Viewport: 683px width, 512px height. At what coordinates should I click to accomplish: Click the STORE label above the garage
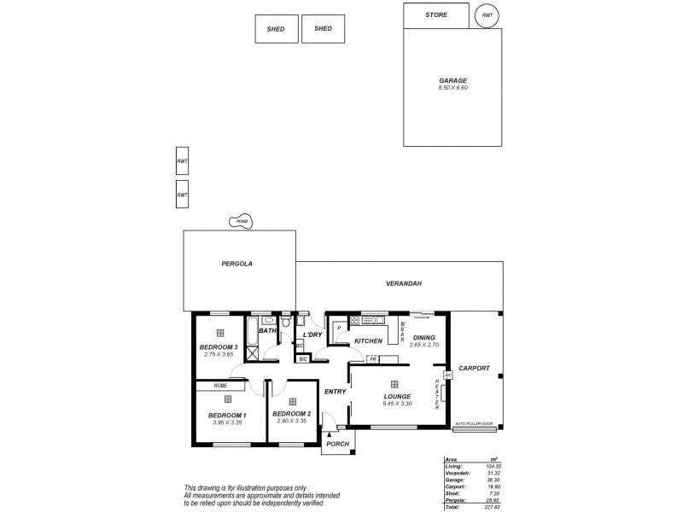(435, 15)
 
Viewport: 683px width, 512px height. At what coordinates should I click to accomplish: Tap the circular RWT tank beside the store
(487, 15)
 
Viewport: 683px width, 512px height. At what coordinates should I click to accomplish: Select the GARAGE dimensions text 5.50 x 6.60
(452, 88)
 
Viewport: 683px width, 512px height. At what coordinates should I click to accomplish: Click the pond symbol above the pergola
(242, 222)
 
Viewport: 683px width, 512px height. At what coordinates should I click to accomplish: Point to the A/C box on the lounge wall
(447, 374)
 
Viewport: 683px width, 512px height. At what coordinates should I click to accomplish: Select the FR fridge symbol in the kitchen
(373, 360)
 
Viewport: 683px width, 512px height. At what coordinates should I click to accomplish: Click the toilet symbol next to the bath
(286, 324)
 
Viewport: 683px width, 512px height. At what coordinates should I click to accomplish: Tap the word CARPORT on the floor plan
(474, 369)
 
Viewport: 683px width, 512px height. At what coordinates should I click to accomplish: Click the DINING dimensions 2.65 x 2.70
(423, 345)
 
